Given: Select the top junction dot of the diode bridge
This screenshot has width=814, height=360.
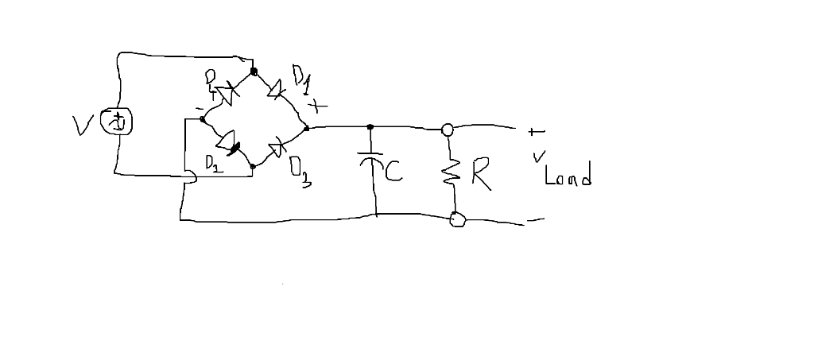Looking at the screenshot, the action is pyautogui.click(x=254, y=72).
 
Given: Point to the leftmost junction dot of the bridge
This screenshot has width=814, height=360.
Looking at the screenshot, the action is pyautogui.click(x=203, y=119).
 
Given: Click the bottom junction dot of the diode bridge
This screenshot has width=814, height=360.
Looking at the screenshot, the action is pyautogui.click(x=253, y=167).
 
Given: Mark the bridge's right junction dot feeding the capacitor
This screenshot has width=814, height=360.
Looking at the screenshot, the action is pyautogui.click(x=307, y=126).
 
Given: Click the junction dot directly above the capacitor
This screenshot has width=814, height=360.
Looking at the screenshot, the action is pyautogui.click(x=370, y=126).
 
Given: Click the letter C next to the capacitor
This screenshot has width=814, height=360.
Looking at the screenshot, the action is pyautogui.click(x=393, y=171).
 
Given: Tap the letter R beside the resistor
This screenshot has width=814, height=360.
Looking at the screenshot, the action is pyautogui.click(x=481, y=175).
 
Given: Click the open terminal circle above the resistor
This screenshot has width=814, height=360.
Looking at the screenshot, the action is pyautogui.click(x=448, y=129).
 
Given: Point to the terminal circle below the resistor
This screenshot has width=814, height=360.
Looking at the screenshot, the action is pyautogui.click(x=457, y=219).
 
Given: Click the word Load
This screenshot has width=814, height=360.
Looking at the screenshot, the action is pyautogui.click(x=568, y=176).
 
